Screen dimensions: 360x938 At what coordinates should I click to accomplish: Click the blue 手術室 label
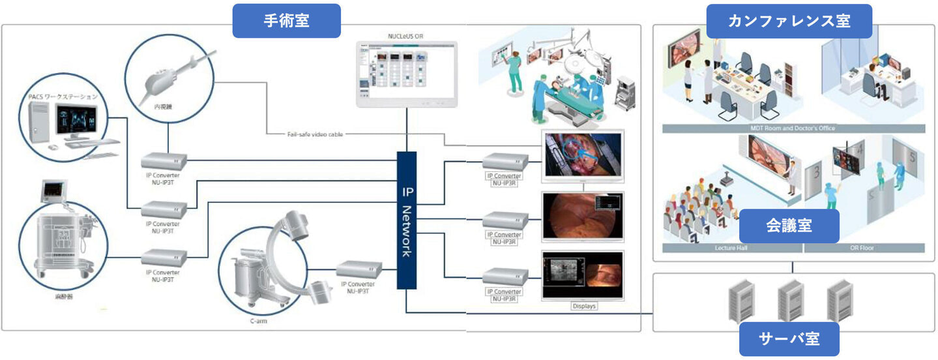pyautogui.click(x=286, y=21)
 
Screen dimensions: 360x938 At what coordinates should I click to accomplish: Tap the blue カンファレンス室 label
pyautogui.click(x=789, y=21)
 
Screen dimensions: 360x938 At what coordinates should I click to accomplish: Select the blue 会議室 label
pyautogui.click(x=789, y=226)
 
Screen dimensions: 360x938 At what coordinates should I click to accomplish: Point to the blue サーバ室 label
pyautogui.click(x=789, y=338)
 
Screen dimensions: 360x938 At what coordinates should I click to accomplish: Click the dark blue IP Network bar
pyautogui.click(x=406, y=220)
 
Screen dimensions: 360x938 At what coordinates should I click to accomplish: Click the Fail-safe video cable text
pyautogui.click(x=315, y=134)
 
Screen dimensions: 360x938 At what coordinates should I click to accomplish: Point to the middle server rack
pyautogui.click(x=789, y=300)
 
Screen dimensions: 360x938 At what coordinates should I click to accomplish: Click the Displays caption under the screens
pyautogui.click(x=583, y=306)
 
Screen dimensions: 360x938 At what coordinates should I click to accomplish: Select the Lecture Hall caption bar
pyautogui.click(x=730, y=248)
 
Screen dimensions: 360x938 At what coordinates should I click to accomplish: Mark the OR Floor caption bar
pyautogui.click(x=864, y=248)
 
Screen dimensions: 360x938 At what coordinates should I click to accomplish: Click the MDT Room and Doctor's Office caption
pyautogui.click(x=793, y=128)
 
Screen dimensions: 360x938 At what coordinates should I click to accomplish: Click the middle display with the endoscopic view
pyautogui.click(x=582, y=215)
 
